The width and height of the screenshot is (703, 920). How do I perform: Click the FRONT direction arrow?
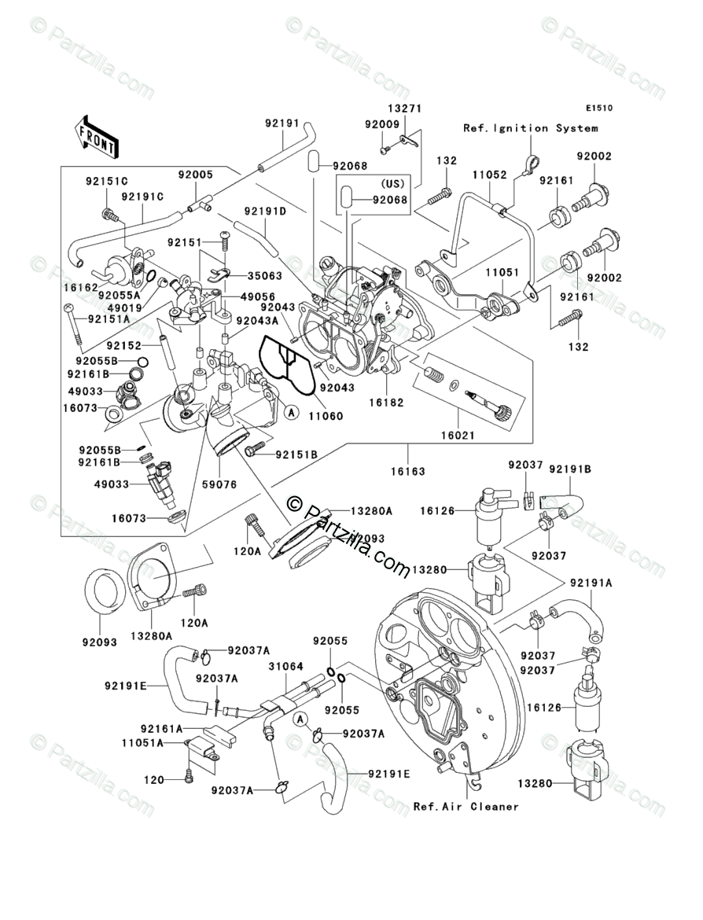97,135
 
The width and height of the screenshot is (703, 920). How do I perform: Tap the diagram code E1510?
598,109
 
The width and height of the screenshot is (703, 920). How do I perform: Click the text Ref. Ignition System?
530,128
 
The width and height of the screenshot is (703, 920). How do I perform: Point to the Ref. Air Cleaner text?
466,807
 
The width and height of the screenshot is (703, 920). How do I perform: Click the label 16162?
80,289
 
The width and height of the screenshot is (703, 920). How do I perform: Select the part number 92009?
381,124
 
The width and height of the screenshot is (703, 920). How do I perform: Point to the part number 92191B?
571,469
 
